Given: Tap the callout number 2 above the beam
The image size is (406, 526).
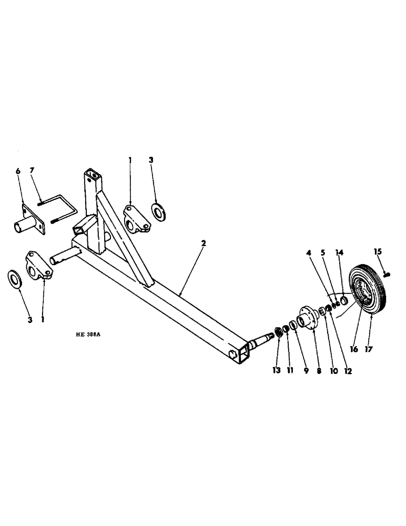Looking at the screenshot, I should click(x=204, y=244).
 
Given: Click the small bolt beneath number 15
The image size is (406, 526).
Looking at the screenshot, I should click(x=387, y=274).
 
